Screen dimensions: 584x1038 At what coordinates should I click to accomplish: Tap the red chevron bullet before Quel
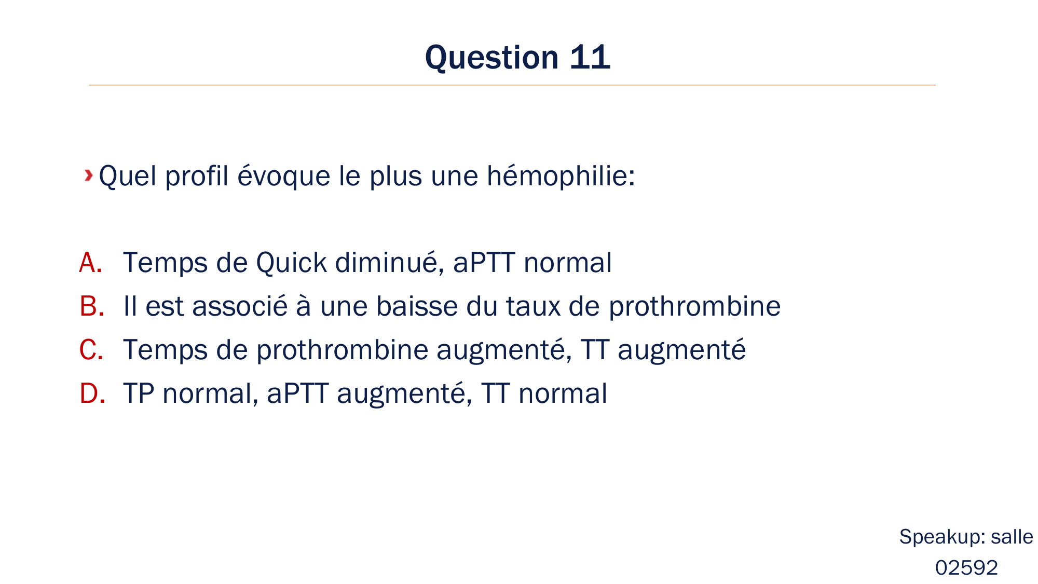point(89,175)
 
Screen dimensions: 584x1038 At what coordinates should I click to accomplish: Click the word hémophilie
point(561,175)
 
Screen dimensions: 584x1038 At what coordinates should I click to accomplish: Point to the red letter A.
point(90,263)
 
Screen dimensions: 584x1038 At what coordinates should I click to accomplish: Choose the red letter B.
point(91,306)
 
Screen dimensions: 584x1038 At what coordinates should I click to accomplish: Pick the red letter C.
point(91,350)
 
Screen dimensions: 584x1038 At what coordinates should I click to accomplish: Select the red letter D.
point(92,393)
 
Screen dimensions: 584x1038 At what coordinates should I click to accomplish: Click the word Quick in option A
point(291,263)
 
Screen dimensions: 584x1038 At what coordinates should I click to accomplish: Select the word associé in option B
point(240,306)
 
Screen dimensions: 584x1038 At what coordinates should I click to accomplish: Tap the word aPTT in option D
point(297,393)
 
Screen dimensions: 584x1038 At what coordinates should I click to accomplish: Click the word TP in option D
point(139,393)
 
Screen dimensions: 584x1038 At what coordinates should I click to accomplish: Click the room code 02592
point(966,568)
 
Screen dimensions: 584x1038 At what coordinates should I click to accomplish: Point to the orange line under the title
point(512,85)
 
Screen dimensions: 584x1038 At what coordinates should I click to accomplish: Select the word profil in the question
point(197,175)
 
